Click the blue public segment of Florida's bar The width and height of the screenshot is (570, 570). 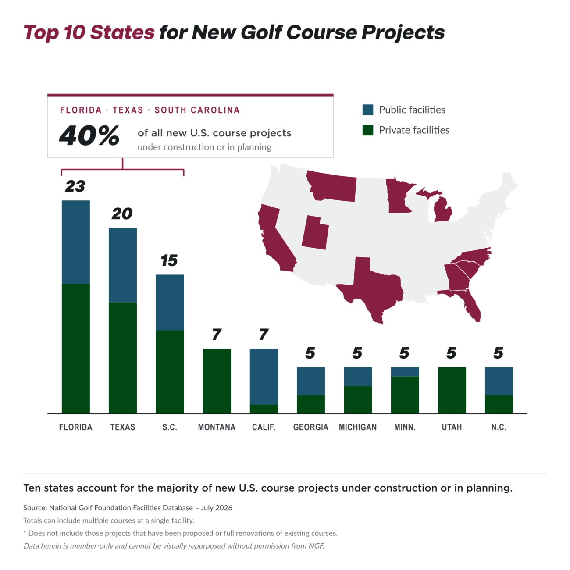tap(76, 242)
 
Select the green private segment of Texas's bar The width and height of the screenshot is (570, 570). tap(123, 358)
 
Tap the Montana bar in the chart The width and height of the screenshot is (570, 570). tap(217, 381)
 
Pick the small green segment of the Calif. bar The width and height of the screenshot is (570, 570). tap(264, 409)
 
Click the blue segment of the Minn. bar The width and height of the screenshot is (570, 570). tap(405, 371)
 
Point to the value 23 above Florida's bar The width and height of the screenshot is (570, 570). tap(75, 186)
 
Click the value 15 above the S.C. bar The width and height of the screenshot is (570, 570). tap(169, 260)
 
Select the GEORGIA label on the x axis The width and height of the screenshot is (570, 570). tap(311, 427)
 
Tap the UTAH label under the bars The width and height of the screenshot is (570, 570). tap(452, 427)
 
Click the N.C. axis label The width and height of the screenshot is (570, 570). tap(499, 427)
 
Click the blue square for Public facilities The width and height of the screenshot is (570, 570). tap(368, 110)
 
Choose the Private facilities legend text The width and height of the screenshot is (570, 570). tap(414, 130)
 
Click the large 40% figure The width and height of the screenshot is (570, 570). tap(89, 135)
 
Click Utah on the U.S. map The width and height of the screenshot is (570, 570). tap(315, 234)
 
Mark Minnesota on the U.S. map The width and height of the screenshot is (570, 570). tap(398, 197)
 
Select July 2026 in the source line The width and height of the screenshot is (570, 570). tap(217, 508)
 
